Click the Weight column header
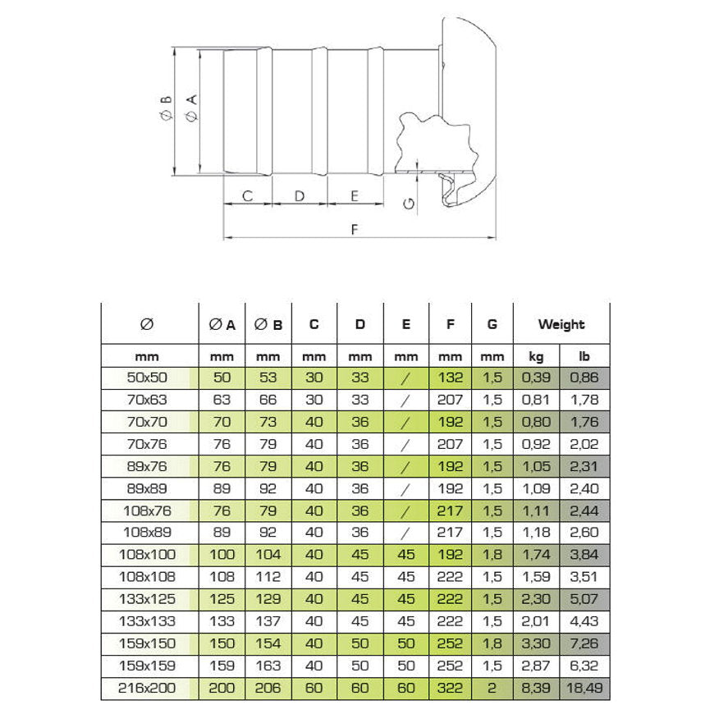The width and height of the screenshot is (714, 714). (x=561, y=324)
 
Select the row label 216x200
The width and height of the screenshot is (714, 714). (x=149, y=689)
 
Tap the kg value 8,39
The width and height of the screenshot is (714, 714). (x=536, y=689)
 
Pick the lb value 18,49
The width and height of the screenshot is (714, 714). (x=584, y=689)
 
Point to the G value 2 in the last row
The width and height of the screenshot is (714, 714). (x=492, y=689)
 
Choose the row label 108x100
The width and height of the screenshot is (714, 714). (x=149, y=556)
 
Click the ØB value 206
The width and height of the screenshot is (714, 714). (x=268, y=689)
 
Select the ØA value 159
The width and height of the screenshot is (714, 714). (x=222, y=666)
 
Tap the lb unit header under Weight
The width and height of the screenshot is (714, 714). (x=584, y=357)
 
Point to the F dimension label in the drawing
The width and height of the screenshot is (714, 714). (x=355, y=229)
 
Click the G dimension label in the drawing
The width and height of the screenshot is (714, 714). (x=410, y=203)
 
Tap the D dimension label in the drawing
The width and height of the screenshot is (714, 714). (x=300, y=196)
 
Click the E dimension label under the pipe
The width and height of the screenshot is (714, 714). (x=355, y=196)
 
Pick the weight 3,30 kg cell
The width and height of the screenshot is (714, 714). (x=536, y=644)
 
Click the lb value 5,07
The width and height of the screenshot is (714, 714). (x=584, y=600)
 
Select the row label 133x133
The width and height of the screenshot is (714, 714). (x=149, y=622)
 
